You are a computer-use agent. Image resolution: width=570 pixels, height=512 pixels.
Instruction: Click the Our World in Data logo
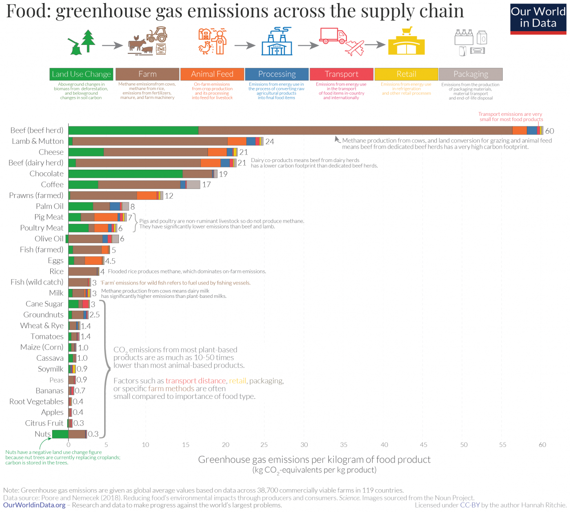tap(538, 18)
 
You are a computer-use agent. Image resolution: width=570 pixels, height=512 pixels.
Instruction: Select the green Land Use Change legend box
tap(81, 74)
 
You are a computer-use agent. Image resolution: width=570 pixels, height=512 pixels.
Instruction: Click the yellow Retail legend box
tap(406, 74)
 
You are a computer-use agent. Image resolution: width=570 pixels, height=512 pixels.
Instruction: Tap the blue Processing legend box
tap(277, 74)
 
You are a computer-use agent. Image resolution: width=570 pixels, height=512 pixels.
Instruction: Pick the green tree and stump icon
tap(82, 42)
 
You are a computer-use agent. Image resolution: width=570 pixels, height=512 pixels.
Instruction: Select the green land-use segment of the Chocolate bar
tap(125, 174)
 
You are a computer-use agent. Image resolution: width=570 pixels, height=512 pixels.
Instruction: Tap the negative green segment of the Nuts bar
tap(60, 434)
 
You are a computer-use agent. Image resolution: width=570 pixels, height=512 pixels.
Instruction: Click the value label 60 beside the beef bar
tap(550, 131)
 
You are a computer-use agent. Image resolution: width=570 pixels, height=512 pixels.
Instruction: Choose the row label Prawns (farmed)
tap(36, 195)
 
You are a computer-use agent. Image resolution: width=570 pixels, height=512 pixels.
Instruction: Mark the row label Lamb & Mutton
tap(38, 141)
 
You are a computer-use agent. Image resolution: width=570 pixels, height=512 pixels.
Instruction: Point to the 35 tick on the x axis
tap(344, 444)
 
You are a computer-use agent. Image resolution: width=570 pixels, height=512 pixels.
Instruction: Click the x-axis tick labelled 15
tap(186, 444)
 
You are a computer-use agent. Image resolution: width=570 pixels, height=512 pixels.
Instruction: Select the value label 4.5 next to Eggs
tap(110, 261)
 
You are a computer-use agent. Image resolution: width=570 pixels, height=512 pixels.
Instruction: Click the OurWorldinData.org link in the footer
tap(34, 505)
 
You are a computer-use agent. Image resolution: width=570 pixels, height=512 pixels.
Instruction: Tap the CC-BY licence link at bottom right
tap(470, 505)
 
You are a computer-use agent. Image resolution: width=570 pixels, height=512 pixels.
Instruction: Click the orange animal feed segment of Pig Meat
tap(106, 217)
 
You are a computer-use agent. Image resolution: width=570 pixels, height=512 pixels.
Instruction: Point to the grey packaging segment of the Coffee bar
tap(193, 184)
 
